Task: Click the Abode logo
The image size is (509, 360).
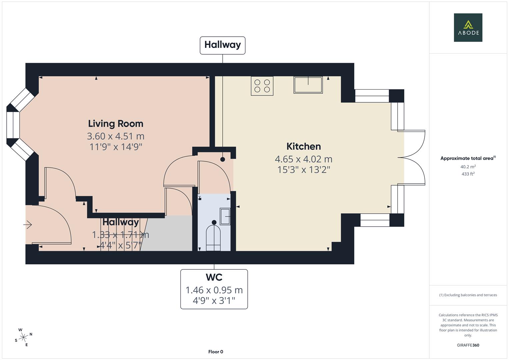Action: pyautogui.click(x=468, y=27)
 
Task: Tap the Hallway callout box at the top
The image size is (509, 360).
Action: pyautogui.click(x=222, y=45)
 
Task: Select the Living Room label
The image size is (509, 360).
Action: pyautogui.click(x=116, y=124)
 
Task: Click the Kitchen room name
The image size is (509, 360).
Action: pyautogui.click(x=303, y=146)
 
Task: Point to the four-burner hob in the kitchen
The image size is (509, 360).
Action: pyautogui.click(x=262, y=86)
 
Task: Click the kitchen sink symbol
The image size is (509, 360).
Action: pyautogui.click(x=308, y=85)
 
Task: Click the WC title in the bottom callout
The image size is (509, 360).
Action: pyautogui.click(x=214, y=277)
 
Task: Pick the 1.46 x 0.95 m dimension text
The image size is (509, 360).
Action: pyautogui.click(x=214, y=290)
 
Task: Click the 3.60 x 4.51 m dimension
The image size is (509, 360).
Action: pyautogui.click(x=116, y=136)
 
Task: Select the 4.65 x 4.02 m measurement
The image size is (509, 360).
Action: pyautogui.click(x=303, y=159)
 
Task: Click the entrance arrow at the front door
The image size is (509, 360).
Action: pyautogui.click(x=28, y=225)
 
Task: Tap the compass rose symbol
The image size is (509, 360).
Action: pyautogui.click(x=23, y=337)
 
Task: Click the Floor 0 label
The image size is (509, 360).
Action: pyautogui.click(x=215, y=352)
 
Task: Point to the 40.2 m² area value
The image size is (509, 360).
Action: pyautogui.click(x=468, y=167)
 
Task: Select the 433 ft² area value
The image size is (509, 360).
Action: pyautogui.click(x=468, y=174)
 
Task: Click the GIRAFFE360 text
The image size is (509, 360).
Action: pyautogui.click(x=468, y=345)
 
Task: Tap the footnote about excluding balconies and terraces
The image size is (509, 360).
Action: pyautogui.click(x=468, y=295)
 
